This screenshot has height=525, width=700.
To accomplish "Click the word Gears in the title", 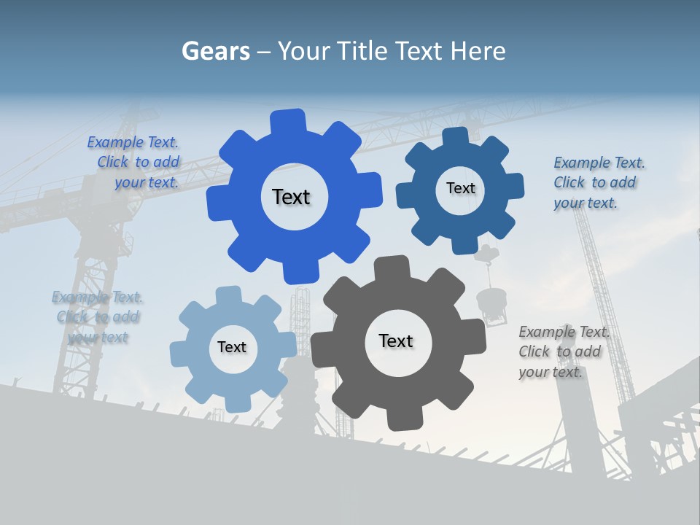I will click(216, 51).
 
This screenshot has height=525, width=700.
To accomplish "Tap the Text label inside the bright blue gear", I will click(291, 197).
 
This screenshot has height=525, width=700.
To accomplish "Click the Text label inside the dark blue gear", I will click(460, 188).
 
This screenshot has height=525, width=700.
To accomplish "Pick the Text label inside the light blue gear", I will click(232, 347).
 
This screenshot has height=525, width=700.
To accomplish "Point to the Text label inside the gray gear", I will click(396, 341).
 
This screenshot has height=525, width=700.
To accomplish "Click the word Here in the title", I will click(478, 51).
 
